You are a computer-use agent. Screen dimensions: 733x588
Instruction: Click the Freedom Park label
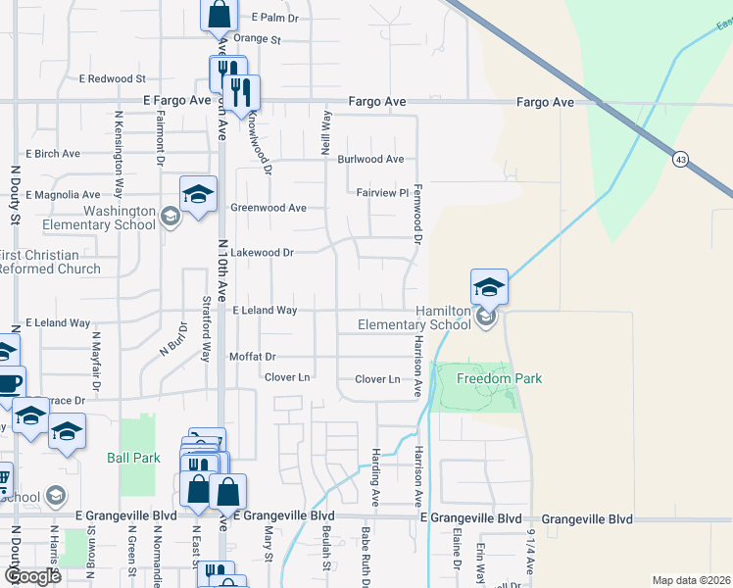coord(487,378)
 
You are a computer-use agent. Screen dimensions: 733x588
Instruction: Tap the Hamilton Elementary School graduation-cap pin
coord(489,287)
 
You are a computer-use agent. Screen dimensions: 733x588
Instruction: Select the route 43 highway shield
coord(678,157)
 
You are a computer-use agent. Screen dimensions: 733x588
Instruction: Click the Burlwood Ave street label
coord(370,159)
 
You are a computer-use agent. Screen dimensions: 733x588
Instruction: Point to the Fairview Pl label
coord(381,193)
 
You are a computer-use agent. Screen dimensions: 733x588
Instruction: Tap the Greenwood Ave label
coord(269,208)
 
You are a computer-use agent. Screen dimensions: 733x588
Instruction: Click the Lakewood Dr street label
coord(262,252)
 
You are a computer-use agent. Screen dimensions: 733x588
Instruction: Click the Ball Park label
coord(133,458)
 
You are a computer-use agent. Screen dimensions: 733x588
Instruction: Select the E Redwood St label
coord(113,78)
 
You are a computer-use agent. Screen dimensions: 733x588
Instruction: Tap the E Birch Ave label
coord(53,154)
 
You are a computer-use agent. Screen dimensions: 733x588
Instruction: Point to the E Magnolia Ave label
coord(63,195)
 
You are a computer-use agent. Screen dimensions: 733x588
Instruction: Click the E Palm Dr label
coord(274,18)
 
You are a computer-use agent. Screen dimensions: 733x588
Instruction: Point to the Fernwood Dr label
coord(417,213)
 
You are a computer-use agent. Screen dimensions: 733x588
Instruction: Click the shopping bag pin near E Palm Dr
coord(218,15)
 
